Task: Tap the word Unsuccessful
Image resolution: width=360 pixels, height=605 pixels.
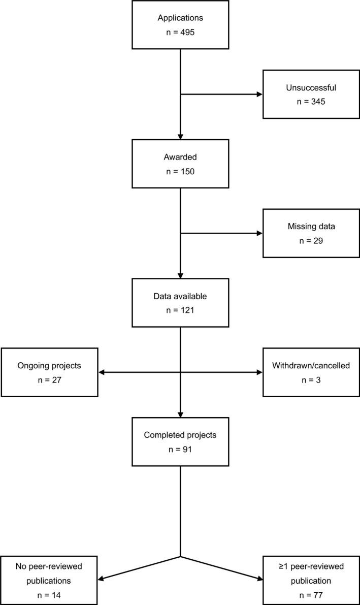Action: point(311,87)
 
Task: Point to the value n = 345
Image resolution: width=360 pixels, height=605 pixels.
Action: point(311,102)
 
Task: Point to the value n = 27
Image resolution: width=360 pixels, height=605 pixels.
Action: point(49,379)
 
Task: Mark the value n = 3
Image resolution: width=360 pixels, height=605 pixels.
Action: point(311,379)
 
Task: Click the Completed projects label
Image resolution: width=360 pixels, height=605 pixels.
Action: point(180,435)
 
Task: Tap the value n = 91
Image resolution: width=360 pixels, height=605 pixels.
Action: point(180,449)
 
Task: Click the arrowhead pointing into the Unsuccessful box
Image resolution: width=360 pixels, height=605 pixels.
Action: point(259,94)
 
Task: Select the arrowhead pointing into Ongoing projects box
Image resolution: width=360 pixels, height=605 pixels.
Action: point(101,372)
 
